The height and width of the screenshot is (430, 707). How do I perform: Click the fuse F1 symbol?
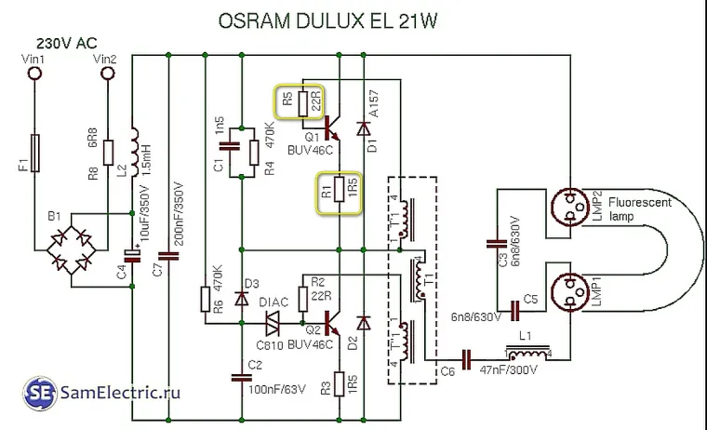tap(35, 153)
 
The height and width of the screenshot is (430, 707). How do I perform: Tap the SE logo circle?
tap(39, 391)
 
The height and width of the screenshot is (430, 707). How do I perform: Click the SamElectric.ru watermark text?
tap(117, 393)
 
